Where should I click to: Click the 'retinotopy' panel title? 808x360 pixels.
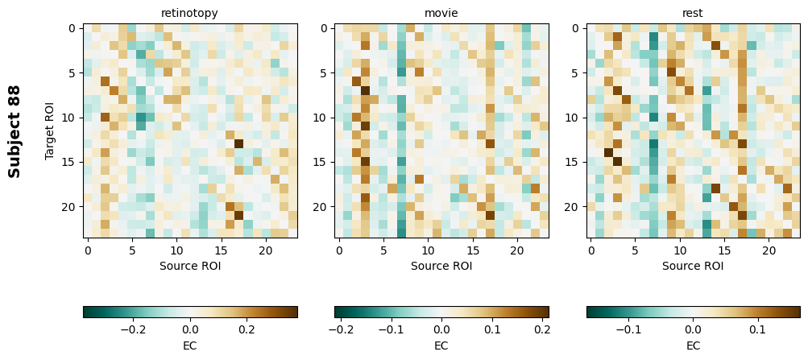click(189, 13)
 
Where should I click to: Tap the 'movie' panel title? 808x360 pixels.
click(441, 13)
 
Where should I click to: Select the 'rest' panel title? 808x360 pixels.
click(693, 13)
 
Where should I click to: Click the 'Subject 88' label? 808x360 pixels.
click(15, 130)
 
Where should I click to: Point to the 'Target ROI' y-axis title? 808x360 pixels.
click(50, 130)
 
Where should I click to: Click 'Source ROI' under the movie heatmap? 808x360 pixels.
click(441, 266)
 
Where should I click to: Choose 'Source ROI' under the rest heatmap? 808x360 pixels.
click(693, 266)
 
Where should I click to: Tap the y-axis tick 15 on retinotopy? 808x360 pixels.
click(72, 163)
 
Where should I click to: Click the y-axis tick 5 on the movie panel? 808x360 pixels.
click(323, 73)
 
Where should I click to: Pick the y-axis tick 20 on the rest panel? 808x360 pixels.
click(575, 207)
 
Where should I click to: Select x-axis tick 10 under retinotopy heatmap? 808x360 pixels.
click(177, 250)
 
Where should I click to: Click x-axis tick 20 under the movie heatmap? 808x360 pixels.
click(518, 250)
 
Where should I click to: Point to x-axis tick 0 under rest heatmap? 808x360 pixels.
click(590, 250)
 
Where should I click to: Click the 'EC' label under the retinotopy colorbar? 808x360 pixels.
click(189, 346)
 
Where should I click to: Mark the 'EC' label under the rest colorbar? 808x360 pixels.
click(693, 346)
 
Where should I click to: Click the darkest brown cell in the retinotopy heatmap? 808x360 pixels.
click(239, 144)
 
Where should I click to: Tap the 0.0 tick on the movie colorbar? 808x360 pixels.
click(441, 329)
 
